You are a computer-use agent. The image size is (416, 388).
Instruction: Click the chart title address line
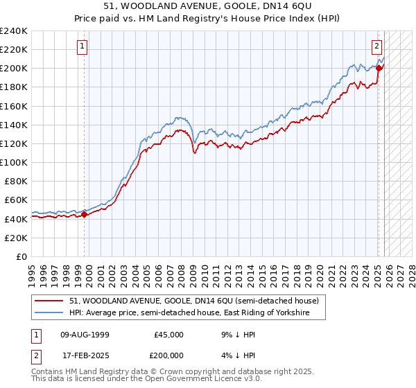[x=207, y=6]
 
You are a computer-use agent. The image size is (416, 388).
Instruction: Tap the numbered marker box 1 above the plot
[x=82, y=46]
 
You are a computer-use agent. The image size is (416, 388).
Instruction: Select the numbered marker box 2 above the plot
[x=376, y=46]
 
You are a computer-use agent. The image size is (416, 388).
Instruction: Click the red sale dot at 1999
[x=85, y=214]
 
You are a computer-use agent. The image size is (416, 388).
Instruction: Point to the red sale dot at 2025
[x=379, y=67]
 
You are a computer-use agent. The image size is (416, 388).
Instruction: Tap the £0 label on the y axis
[x=21, y=256]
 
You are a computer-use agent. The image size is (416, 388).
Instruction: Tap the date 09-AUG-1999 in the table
[x=85, y=335]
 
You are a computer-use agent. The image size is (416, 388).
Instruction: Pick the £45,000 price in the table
[x=168, y=335]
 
